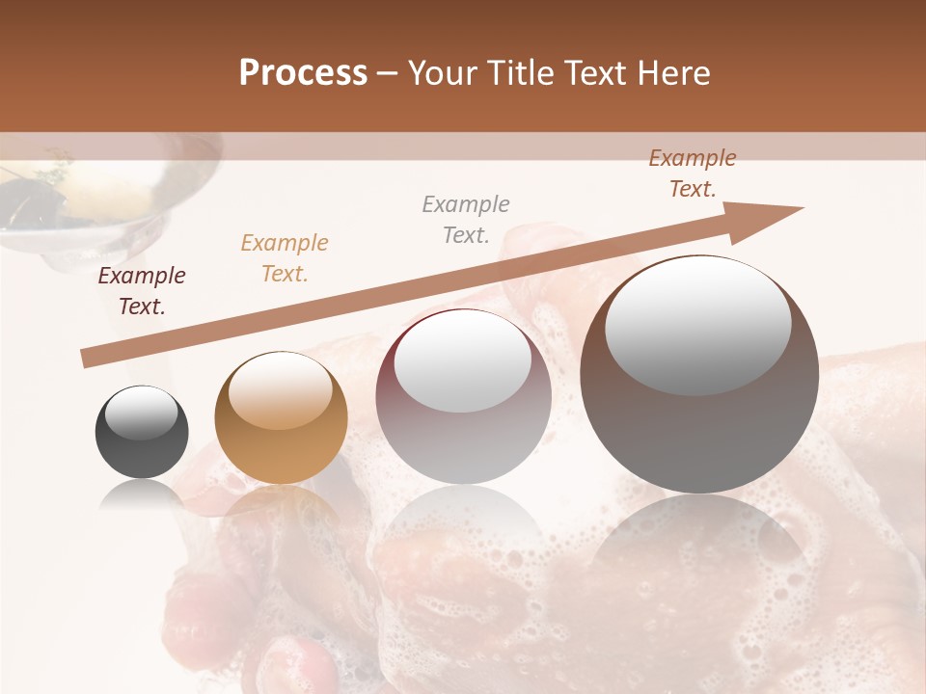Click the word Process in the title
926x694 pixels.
point(303,73)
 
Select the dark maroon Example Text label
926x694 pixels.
point(142,291)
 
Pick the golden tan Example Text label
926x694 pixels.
point(285,258)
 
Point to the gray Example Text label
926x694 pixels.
point(466,220)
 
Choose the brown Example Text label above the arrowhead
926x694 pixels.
point(693,173)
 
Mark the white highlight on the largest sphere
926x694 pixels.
point(697,323)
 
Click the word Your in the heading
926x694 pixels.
point(445,73)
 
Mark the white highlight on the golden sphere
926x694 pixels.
point(280,390)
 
